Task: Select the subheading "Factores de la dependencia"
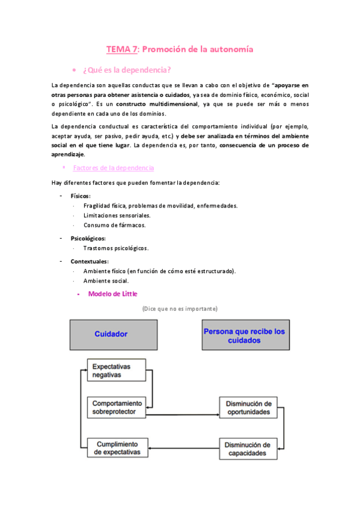[x=113, y=168]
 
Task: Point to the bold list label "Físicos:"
[x=81, y=196]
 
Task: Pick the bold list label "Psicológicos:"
[x=88, y=238]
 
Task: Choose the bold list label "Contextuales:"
[x=90, y=262]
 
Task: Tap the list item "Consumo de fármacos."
[x=114, y=225]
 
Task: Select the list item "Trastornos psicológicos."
[x=115, y=248]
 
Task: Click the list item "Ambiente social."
[x=106, y=281]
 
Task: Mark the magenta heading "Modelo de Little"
[x=112, y=294]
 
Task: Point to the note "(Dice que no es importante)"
[x=180, y=309]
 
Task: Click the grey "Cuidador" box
[x=114, y=334]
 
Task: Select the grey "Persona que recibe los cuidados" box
[x=245, y=335]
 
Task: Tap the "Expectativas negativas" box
[x=117, y=370]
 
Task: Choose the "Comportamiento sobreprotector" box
[x=117, y=407]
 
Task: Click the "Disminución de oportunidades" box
[x=248, y=407]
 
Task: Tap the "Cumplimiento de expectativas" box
[x=117, y=447]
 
